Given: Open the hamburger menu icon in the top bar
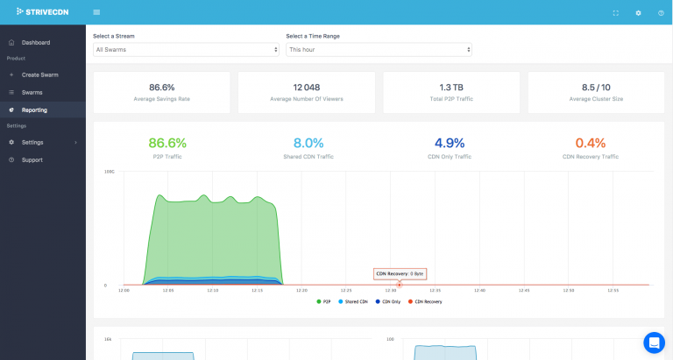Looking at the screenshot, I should (96, 12).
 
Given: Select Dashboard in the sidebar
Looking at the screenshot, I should (36, 42).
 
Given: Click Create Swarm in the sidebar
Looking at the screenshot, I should (40, 75).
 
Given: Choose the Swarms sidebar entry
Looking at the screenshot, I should (32, 92).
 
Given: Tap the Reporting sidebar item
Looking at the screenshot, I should (35, 109).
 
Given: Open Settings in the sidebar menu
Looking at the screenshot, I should (33, 142).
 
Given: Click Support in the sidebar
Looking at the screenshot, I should (32, 159).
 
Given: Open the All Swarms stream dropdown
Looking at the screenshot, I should (186, 50).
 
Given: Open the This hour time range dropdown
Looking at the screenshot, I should (379, 50).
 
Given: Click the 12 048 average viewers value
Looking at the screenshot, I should (306, 88).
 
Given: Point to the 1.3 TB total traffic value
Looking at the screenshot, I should (450, 88).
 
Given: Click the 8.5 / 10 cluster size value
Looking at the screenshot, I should (595, 88).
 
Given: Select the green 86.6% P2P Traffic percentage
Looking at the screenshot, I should (167, 143).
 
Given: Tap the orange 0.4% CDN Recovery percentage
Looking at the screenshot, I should (591, 143).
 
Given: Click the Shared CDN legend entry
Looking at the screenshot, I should (354, 301).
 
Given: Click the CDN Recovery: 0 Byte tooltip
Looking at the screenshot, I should (400, 273).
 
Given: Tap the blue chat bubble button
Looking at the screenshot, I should (654, 342).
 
